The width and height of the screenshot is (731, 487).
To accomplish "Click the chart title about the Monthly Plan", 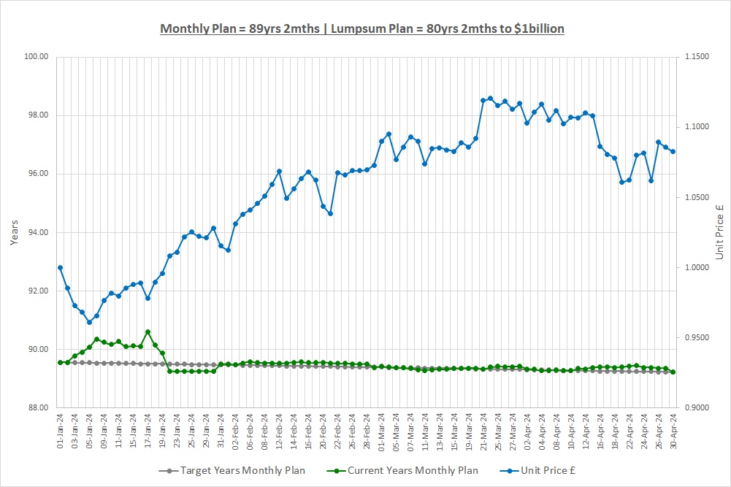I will click(362, 28).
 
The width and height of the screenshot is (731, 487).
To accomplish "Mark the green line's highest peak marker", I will click(148, 331).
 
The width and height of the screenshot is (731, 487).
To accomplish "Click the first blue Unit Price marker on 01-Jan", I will click(60, 267).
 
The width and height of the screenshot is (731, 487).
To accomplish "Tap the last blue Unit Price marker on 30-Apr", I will click(673, 151).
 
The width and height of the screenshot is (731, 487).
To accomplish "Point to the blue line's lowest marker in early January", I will click(89, 322).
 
